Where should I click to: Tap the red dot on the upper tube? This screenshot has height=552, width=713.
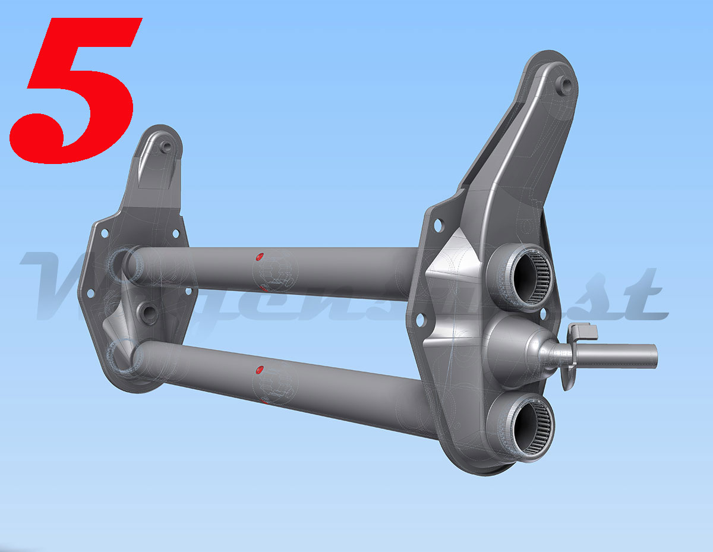tap(259, 257)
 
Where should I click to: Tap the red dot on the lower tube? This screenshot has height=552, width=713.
tap(259, 370)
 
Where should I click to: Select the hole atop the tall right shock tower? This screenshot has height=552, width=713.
tap(565, 84)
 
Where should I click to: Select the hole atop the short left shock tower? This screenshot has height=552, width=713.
tap(166, 145)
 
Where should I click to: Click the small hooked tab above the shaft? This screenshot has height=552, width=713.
tap(579, 330)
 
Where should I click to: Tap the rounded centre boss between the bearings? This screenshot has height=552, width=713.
tap(511, 348)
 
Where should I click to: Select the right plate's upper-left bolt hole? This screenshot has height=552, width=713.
tap(438, 225)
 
